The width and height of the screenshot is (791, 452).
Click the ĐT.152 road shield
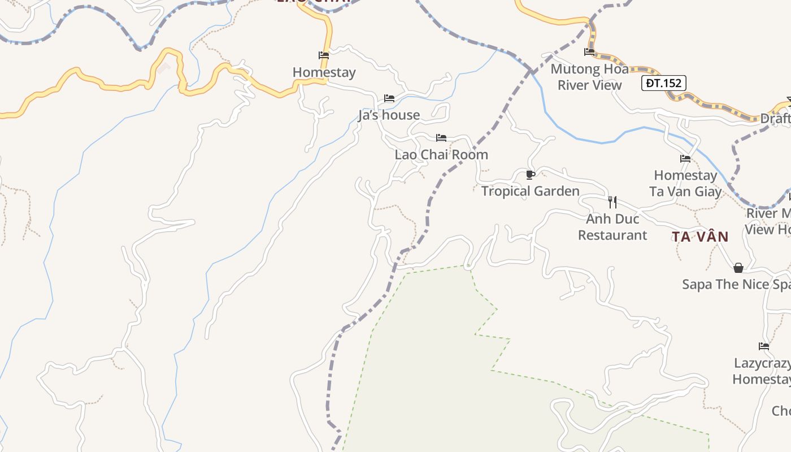[x=664, y=83]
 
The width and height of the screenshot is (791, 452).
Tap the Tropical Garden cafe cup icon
[x=530, y=175]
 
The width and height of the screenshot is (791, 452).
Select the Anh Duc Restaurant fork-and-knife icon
[x=612, y=201]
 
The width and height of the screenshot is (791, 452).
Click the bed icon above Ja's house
[x=389, y=98]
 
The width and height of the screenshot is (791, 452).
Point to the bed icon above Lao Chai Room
[x=441, y=138]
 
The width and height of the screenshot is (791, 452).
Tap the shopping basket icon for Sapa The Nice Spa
[x=738, y=268]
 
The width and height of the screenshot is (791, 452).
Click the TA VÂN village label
[x=700, y=237]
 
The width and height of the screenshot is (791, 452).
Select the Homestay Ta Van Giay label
[x=685, y=184]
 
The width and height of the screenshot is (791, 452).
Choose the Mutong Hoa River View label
[x=589, y=77]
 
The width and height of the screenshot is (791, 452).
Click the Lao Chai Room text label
[x=441, y=154]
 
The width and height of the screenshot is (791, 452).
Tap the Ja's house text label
[x=389, y=115]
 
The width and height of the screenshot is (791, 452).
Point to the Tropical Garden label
[x=530, y=191]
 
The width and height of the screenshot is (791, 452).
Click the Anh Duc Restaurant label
[x=612, y=227]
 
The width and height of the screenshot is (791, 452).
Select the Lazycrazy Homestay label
[x=762, y=371]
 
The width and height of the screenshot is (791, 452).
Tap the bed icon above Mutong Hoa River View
[x=589, y=52]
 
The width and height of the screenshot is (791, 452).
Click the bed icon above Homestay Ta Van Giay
[x=685, y=159]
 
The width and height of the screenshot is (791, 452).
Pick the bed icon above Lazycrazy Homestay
[x=764, y=346]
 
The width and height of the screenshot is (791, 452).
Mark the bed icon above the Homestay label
[x=324, y=55]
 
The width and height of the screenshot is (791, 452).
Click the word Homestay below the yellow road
[x=324, y=72]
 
